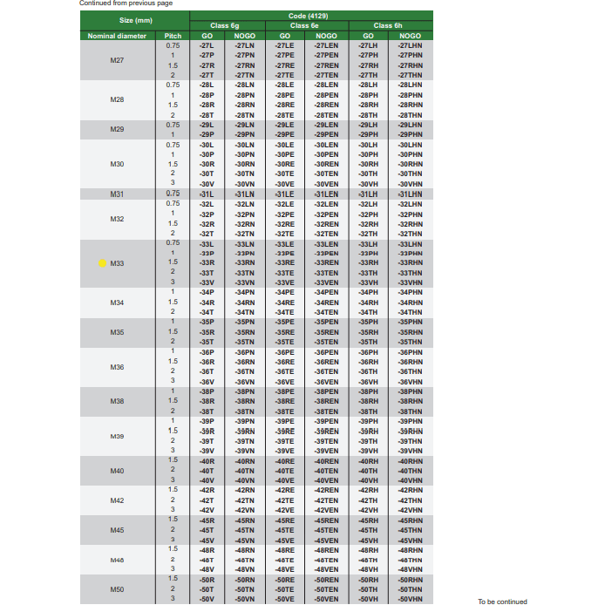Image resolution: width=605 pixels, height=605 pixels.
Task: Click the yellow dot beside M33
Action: (102, 262)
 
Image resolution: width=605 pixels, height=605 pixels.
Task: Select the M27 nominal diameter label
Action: (118, 60)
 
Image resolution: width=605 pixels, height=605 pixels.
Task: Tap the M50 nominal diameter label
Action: (118, 589)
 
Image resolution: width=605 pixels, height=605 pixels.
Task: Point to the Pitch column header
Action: (173, 35)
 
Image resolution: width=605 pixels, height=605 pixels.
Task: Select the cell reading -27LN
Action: (244, 45)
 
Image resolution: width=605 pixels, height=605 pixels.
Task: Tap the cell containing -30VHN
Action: (409, 184)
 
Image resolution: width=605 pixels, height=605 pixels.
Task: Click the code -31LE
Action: (284, 194)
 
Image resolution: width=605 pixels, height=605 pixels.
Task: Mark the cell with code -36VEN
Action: (326, 382)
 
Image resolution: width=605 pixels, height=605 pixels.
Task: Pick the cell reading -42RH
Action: (368, 491)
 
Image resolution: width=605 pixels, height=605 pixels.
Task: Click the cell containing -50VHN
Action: (409, 599)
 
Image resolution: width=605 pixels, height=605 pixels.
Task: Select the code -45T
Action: (207, 530)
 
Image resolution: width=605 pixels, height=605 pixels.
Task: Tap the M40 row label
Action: (118, 471)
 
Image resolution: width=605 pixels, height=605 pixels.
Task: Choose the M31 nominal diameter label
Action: (118, 194)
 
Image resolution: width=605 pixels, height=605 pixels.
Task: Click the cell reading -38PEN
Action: (326, 391)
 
